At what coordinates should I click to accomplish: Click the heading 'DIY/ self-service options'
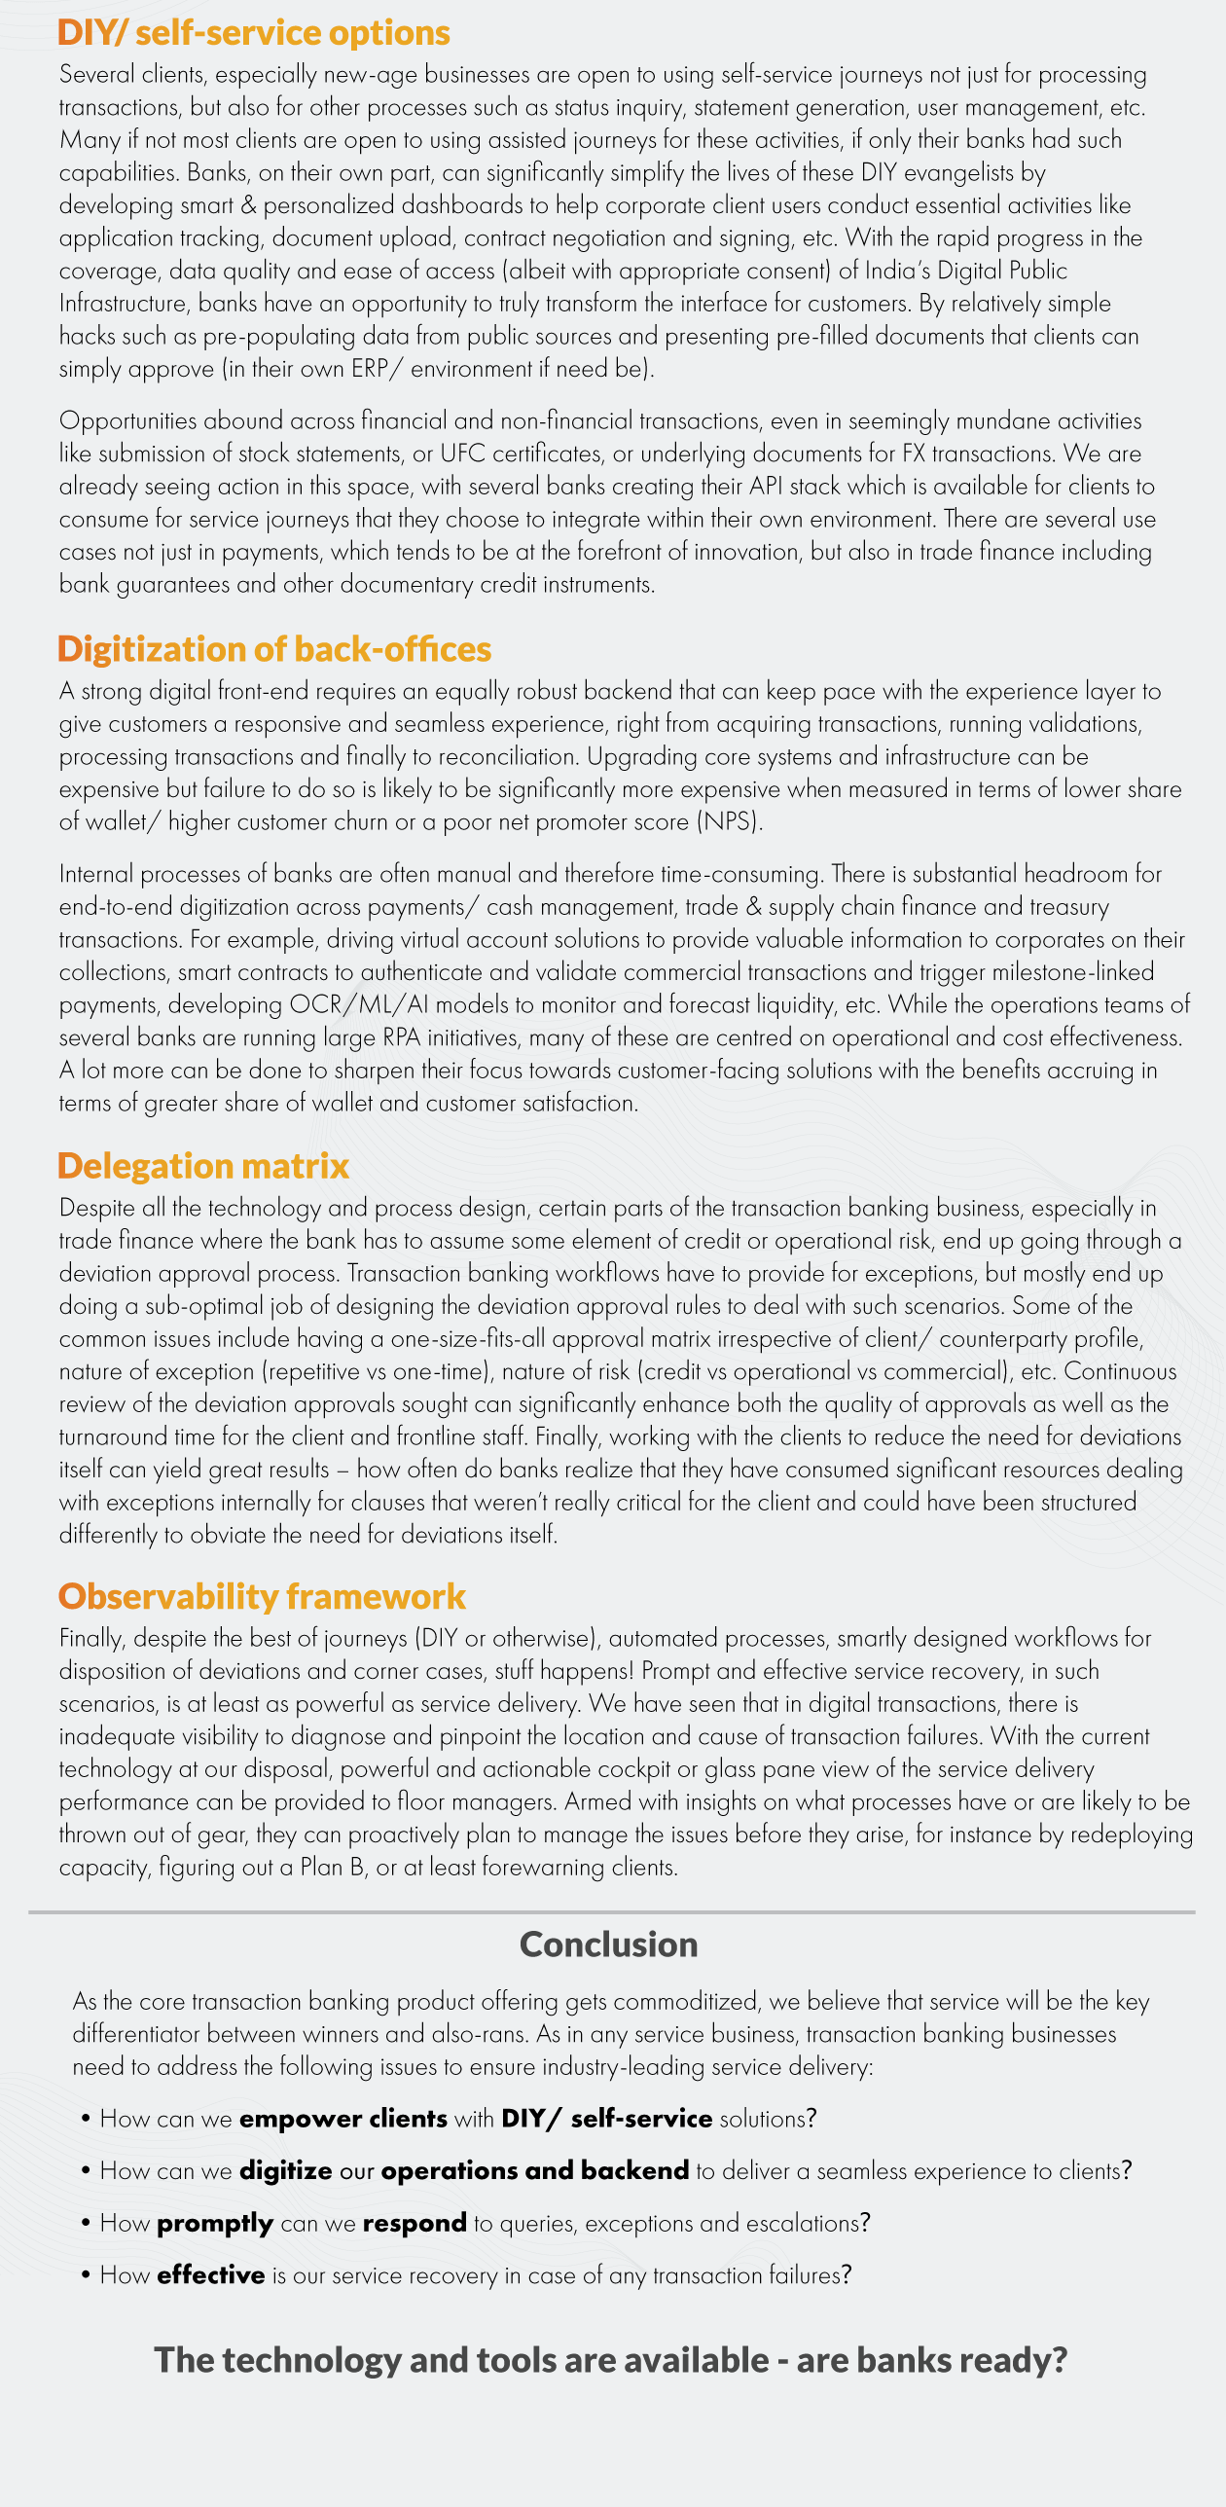(x=253, y=33)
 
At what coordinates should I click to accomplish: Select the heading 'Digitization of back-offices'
(x=273, y=649)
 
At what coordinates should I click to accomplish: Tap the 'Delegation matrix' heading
(x=202, y=1166)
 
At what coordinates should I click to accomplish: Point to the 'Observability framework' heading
(x=262, y=1597)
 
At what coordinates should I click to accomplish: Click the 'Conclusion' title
(x=608, y=1944)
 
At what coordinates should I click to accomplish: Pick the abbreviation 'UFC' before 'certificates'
(x=462, y=454)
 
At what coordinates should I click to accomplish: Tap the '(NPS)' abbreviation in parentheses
(x=729, y=821)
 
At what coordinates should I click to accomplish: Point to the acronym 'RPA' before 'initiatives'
(x=401, y=1037)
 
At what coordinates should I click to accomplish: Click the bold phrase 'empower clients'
(x=343, y=2119)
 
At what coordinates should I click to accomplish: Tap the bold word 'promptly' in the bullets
(x=215, y=2224)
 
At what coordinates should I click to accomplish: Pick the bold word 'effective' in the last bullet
(x=211, y=2275)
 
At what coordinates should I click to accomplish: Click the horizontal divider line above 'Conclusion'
(x=611, y=1912)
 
